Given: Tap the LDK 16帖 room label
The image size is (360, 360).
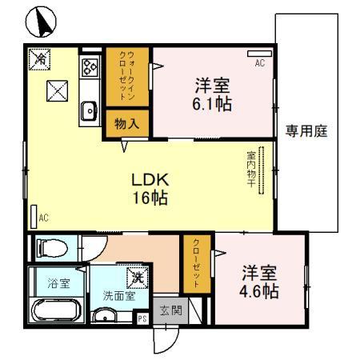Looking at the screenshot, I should (x=150, y=190).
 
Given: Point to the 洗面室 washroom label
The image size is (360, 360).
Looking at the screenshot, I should (x=117, y=294).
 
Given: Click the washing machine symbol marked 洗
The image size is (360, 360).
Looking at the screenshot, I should (x=138, y=276).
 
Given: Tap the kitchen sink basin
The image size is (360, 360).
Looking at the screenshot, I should (x=88, y=110).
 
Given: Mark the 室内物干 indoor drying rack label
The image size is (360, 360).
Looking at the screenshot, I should (x=251, y=170).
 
